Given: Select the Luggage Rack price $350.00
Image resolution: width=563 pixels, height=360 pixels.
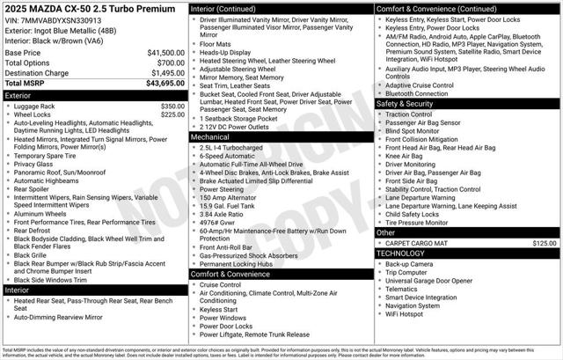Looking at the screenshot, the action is coord(172,106).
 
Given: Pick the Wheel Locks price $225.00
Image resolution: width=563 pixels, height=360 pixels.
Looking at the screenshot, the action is coord(172,114).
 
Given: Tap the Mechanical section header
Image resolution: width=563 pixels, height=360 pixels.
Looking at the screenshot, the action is coord(210,137).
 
